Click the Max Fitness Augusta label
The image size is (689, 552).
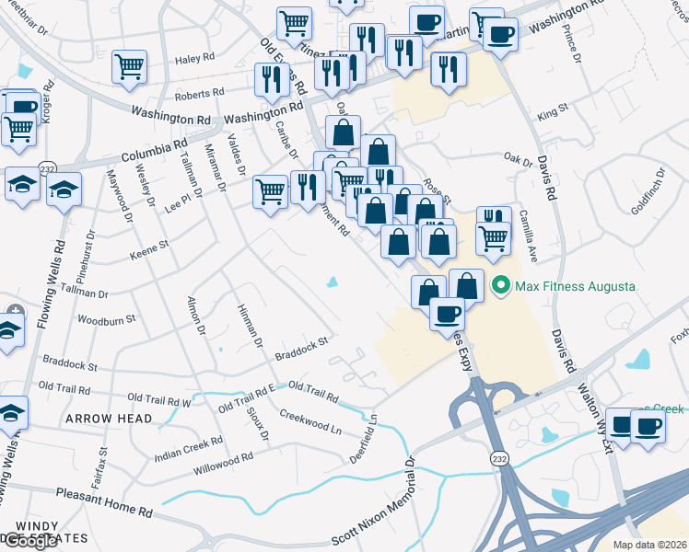[575, 286]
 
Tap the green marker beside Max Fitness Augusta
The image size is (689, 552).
[501, 286]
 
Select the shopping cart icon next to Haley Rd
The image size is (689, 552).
[130, 65]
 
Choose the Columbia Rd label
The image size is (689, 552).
[153, 146]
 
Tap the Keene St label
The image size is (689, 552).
[150, 247]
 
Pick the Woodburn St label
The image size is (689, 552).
[107, 319]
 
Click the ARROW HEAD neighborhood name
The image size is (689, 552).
[109, 419]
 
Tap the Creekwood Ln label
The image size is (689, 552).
[310, 424]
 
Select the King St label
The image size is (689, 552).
[554, 113]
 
